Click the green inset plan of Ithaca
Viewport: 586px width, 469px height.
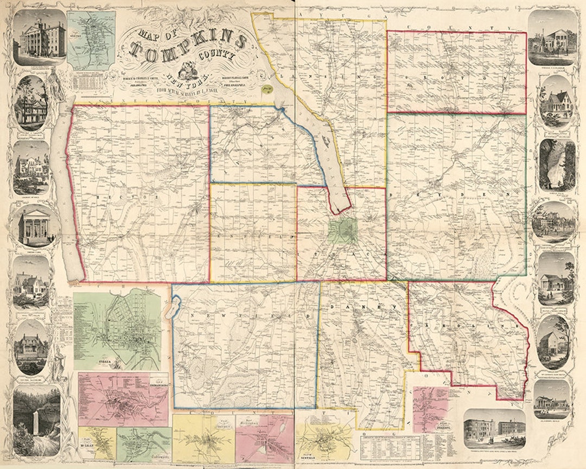117,331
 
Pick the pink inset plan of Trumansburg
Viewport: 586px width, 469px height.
123,399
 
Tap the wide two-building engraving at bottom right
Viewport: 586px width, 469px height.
494,428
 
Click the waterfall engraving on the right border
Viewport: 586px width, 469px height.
557,165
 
